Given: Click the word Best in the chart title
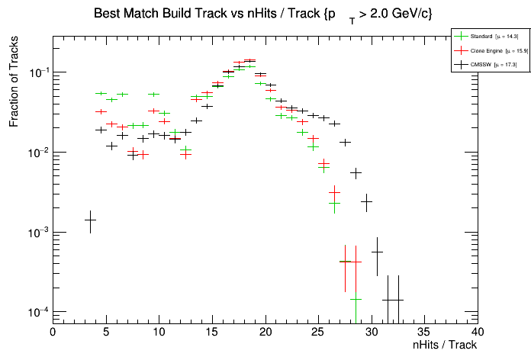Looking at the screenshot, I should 107,14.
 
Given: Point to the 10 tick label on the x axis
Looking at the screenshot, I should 159,332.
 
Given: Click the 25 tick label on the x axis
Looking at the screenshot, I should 318,332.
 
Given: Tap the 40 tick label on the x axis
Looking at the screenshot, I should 478,332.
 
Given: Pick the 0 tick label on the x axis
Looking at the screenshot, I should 53,332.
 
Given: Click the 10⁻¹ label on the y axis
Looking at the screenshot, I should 36,73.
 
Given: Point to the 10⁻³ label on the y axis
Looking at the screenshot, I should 36,233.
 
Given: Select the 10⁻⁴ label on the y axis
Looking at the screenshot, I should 36,312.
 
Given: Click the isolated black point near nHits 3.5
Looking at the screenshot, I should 90,220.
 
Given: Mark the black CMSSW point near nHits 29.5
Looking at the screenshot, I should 366,201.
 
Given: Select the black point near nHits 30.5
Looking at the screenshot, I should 377,252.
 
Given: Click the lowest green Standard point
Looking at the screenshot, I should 356,299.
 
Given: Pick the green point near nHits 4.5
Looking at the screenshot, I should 101,94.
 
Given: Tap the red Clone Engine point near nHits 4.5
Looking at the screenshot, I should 101,111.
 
